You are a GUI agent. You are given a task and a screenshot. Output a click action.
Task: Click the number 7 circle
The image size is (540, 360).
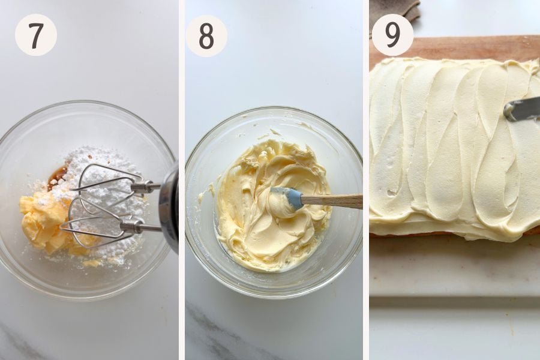pyautogui.click(x=36, y=35)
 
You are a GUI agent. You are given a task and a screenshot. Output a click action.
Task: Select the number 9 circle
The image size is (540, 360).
pyautogui.click(x=392, y=35)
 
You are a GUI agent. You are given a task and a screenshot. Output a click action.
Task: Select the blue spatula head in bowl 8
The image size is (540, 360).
pyautogui.click(x=286, y=198)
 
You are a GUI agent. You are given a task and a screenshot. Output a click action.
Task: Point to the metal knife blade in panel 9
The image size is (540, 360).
pyautogui.click(x=521, y=109)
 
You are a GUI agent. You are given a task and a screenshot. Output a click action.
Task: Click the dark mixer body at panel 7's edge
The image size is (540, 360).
pyautogui.click(x=170, y=207)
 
